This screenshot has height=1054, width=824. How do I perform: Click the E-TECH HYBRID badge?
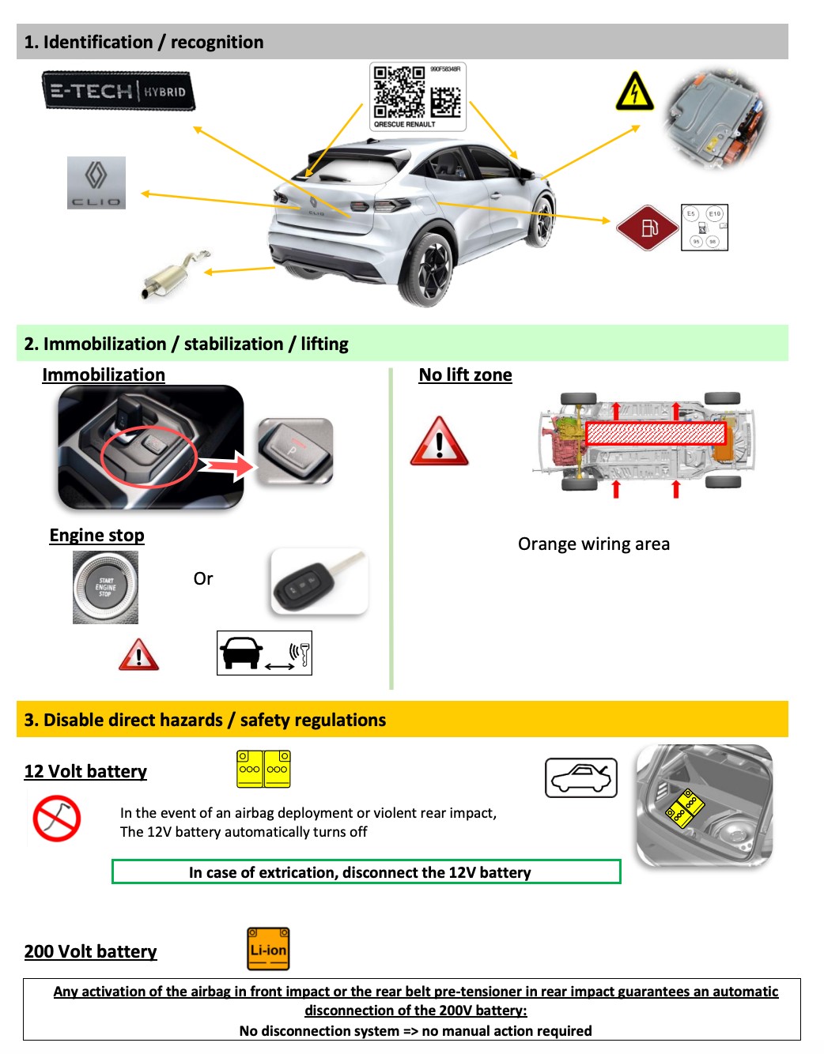coord(119,91)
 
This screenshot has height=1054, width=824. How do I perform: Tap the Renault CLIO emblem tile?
coord(96,183)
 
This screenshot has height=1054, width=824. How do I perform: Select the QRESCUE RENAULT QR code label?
coord(418,96)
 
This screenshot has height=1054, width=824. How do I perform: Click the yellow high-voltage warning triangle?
coord(634,91)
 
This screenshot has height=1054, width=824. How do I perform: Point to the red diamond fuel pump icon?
coord(648,228)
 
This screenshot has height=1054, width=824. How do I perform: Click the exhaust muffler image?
coord(174,274)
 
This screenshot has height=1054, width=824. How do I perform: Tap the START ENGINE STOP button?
coord(105,587)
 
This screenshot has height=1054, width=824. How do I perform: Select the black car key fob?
coord(318,582)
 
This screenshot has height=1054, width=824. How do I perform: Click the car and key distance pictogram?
coord(264,653)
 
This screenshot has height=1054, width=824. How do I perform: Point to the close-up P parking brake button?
coord(295,450)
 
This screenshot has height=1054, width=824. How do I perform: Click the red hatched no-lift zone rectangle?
coord(655,433)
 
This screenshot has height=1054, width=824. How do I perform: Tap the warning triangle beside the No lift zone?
coord(439,442)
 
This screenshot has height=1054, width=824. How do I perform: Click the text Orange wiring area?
coord(593,544)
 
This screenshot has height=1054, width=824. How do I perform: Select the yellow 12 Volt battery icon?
coord(263,769)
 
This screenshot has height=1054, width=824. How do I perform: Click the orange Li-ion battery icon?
coord(268,949)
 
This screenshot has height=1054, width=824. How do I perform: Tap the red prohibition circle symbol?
coord(57,818)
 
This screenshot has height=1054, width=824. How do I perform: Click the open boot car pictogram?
coord(580,777)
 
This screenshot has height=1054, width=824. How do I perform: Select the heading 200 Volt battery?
coord(90,951)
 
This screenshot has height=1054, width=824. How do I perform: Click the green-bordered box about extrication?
coord(366,871)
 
